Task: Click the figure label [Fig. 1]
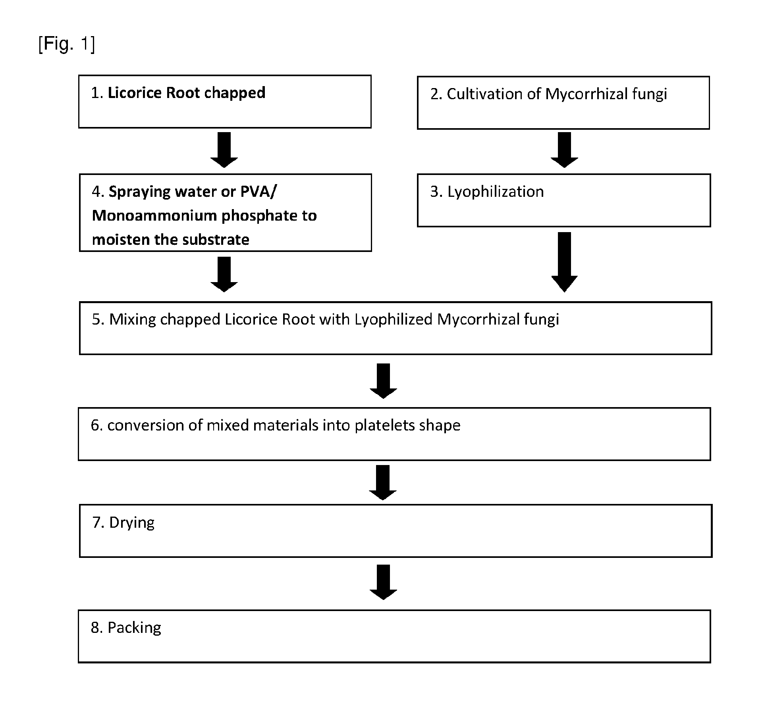click(x=67, y=44)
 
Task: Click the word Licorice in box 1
click(x=135, y=93)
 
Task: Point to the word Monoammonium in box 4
click(x=154, y=216)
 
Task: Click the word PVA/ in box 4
click(x=259, y=192)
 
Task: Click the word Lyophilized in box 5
click(x=393, y=320)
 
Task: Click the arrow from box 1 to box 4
click(x=224, y=150)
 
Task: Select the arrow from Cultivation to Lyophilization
click(x=564, y=150)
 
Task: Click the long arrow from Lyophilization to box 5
click(x=564, y=262)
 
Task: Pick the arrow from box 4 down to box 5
click(x=224, y=275)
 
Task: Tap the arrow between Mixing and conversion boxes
click(x=383, y=381)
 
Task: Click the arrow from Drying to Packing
click(x=383, y=582)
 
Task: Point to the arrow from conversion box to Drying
click(x=383, y=482)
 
